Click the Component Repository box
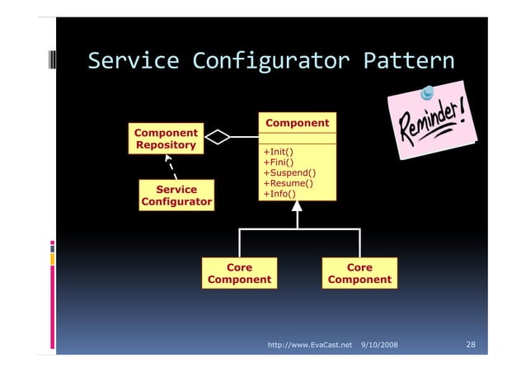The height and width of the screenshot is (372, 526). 166,139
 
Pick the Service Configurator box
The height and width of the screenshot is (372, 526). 176,195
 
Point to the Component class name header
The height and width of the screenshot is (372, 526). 297,123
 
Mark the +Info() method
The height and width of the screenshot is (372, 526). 279,195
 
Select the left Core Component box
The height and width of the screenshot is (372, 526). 239,274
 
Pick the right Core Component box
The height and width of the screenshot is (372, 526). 359,274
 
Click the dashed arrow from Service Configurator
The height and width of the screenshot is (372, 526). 170,165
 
